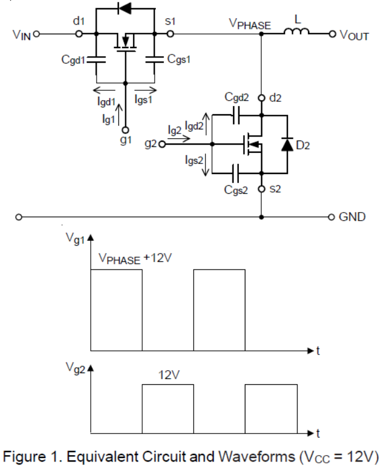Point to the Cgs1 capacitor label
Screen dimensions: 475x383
coord(179,60)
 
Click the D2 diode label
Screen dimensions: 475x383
coord(303,145)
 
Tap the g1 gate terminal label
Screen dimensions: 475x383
coord(125,141)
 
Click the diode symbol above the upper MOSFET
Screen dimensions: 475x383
coord(125,9)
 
